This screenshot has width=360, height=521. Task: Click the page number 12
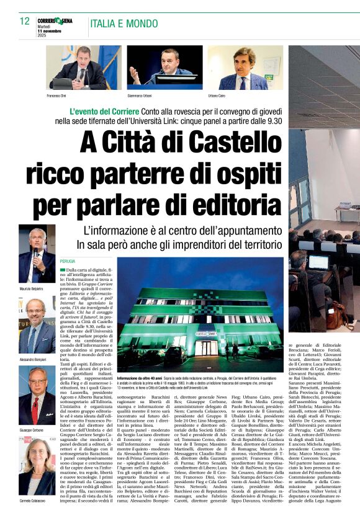pos(25,21)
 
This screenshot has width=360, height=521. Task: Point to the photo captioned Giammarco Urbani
pos(164,67)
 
